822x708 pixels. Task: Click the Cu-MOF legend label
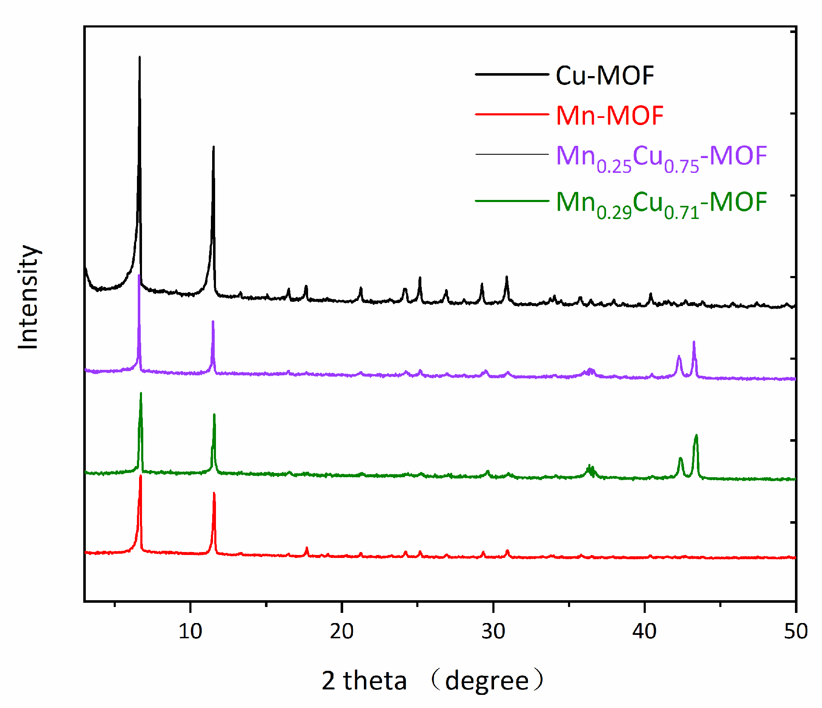(604, 76)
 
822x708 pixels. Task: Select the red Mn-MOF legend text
(609, 115)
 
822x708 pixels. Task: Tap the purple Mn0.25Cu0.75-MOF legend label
(661, 157)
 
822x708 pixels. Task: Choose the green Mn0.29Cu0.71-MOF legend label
(661, 203)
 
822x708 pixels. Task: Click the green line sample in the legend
(511, 201)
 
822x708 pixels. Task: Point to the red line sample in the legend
(511, 114)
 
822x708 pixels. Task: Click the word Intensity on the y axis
(28, 297)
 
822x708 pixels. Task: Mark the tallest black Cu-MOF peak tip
(139, 57)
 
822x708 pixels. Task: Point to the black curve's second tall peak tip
(213, 147)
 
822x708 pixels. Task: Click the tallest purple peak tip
(139, 276)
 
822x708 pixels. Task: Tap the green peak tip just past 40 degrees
(696, 435)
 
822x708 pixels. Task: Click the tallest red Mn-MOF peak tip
(140, 476)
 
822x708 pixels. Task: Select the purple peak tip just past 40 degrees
(694, 342)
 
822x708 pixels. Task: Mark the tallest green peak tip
(141, 393)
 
